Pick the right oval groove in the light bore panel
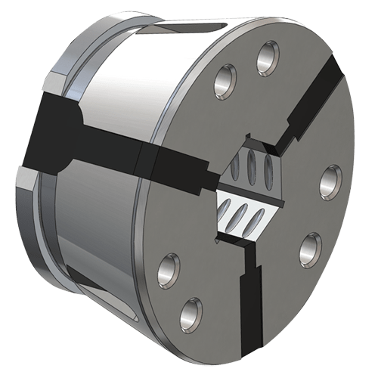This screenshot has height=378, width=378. (x=258, y=219)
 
